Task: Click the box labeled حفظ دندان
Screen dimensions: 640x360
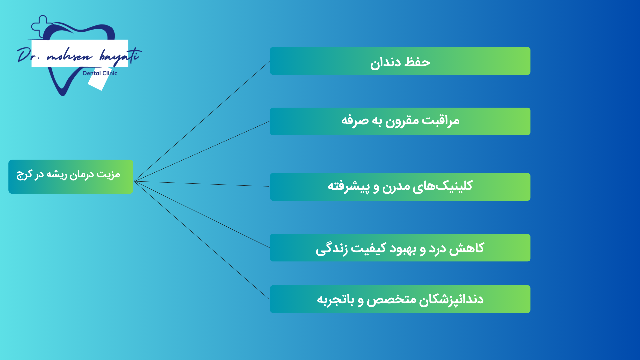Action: click(400, 61)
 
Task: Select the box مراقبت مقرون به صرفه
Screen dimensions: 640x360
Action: click(400, 121)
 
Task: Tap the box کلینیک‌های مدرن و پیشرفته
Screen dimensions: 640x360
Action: click(400, 187)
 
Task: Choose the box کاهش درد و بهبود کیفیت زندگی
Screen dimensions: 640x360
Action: click(400, 248)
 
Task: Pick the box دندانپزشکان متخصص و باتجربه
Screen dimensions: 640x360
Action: click(400, 299)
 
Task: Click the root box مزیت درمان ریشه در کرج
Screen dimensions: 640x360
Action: click(71, 177)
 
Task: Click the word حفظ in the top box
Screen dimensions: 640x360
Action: click(417, 62)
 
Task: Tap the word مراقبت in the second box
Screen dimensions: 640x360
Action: click(440, 121)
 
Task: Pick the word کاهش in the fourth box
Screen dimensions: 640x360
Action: click(467, 248)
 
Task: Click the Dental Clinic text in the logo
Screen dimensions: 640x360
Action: click(100, 73)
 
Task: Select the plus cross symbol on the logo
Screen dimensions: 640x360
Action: click(41, 26)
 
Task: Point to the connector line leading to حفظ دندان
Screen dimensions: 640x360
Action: click(202, 121)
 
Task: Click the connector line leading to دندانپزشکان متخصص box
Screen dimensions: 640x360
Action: click(201, 240)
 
